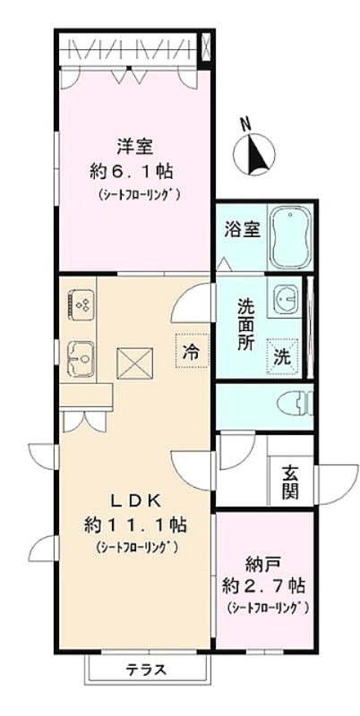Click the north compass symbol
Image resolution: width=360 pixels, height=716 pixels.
point(254,150)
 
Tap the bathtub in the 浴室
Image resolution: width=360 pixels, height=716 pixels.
point(290,237)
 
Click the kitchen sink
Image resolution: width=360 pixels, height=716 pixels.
point(81,359)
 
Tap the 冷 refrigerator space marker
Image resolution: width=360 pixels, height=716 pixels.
point(192,351)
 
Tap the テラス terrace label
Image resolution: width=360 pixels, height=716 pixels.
point(146,669)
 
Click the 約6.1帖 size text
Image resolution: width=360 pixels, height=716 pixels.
point(133,172)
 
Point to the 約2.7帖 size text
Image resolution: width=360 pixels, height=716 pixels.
point(263,585)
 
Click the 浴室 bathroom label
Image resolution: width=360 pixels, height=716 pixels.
point(243,230)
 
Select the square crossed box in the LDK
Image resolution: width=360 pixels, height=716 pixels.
point(134,363)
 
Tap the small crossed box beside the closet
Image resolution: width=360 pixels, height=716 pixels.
point(207,47)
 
